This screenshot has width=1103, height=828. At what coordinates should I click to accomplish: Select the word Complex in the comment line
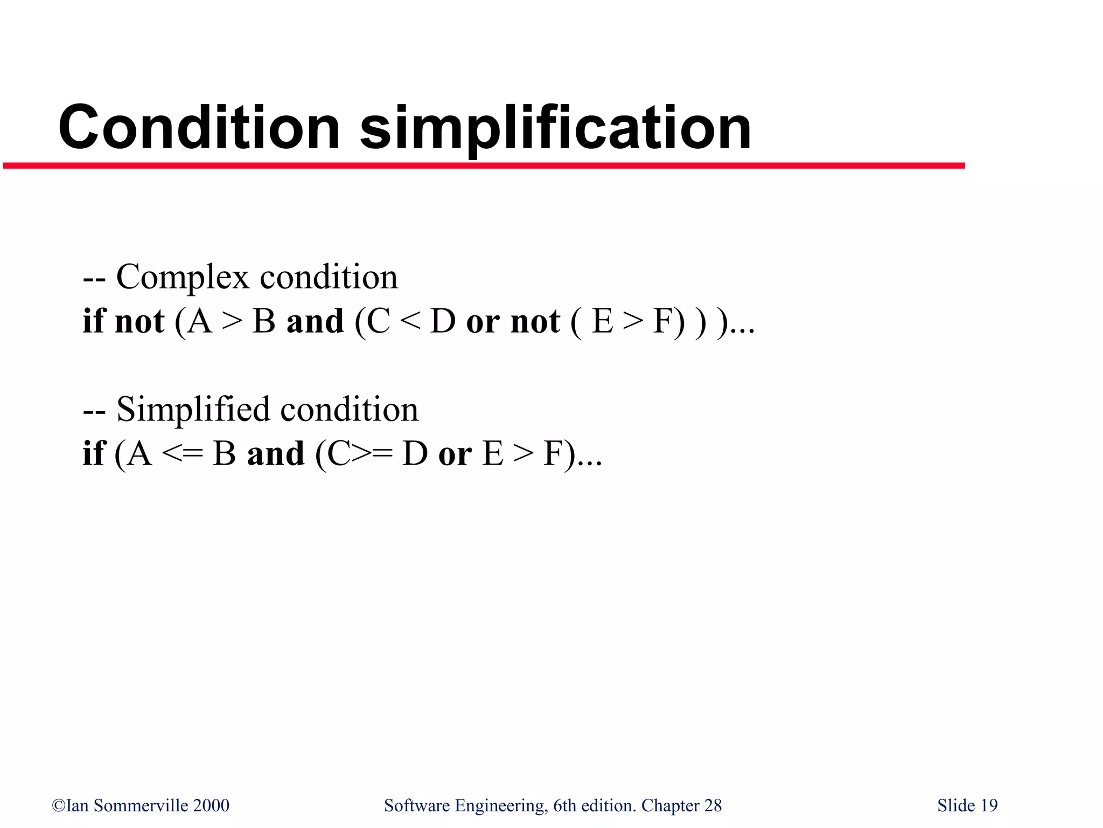tap(183, 278)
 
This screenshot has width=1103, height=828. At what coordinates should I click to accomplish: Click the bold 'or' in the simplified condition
tap(455, 454)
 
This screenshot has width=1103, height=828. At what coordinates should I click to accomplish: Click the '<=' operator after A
tap(182, 454)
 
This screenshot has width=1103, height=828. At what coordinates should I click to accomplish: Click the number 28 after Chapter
tap(713, 805)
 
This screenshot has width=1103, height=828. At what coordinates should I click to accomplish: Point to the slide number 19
tap(989, 805)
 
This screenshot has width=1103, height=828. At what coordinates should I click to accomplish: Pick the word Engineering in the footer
tap(501, 806)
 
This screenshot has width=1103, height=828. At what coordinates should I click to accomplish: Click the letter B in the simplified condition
tap(224, 454)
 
